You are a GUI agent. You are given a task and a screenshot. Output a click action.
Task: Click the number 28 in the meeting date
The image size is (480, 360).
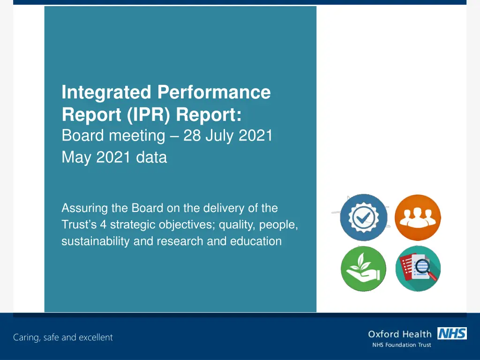192,135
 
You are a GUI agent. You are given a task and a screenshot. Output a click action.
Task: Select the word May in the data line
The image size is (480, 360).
77,157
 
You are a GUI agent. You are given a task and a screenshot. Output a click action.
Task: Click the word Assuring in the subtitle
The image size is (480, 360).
85,208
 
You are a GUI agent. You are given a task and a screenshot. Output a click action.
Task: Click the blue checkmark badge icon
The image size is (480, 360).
364,217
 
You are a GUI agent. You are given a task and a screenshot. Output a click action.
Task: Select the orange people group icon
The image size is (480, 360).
418,217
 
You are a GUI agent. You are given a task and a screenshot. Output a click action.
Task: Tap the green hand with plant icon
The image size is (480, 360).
364,269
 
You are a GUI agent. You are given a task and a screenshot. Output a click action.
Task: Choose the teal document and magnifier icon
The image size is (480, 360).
418,269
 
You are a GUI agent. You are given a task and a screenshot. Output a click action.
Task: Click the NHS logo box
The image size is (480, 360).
452,333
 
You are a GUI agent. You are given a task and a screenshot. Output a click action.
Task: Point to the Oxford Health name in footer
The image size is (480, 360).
399,334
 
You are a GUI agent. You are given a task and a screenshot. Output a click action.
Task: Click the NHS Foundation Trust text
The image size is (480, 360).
401,345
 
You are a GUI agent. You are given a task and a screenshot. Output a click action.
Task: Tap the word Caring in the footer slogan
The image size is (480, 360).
26,337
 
